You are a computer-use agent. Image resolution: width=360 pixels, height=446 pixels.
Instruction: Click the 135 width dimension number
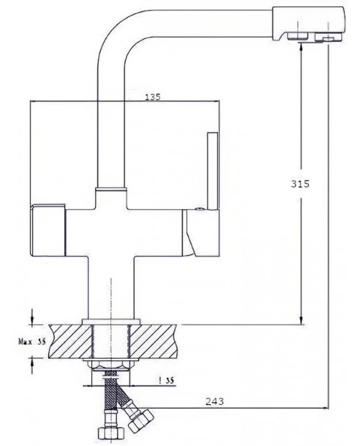pos(153,97)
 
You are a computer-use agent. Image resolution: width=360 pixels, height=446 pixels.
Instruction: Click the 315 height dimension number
pos(300,184)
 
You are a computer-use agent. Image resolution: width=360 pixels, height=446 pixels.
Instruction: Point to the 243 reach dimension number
pos(215,401)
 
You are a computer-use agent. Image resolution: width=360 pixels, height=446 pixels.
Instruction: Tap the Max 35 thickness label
pos(32,341)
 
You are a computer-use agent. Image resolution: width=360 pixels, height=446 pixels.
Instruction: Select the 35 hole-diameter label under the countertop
pos(167,380)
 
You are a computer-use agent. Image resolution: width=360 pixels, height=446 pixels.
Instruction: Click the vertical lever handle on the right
pos(212,171)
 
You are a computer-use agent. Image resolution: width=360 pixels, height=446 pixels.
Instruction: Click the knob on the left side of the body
pos(48,229)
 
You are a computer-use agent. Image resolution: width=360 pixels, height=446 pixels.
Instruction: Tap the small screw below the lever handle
pos(200,209)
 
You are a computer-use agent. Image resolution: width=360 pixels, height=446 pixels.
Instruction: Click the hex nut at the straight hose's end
pos(112,434)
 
